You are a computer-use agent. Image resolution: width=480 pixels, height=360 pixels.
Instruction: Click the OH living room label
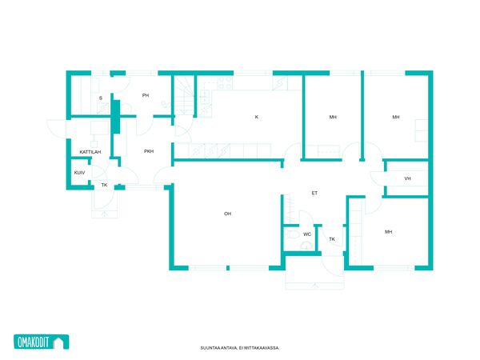227,214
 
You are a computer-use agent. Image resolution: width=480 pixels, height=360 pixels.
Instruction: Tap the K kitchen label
257,117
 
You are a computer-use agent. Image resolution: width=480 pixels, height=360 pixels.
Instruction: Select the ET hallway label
314,193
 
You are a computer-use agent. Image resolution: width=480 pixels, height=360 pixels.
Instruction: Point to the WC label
307,234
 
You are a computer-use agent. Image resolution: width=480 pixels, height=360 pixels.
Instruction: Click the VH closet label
407,178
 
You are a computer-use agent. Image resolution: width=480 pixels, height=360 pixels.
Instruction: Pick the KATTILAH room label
90,152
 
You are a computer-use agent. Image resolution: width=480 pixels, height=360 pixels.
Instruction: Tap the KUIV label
79,173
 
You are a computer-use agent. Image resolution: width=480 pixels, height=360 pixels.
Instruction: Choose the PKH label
149,151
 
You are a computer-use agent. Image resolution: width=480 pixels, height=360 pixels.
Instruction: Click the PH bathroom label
146,95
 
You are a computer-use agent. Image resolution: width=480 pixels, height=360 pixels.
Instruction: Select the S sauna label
101,98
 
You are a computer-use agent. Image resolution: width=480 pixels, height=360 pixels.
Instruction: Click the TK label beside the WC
332,239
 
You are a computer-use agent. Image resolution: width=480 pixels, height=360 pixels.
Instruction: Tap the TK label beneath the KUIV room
104,185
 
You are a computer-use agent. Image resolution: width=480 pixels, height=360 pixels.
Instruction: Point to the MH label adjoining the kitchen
333,117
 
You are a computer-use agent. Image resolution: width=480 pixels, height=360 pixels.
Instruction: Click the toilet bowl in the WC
293,234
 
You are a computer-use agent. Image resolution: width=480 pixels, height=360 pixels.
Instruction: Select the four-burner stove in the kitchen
225,82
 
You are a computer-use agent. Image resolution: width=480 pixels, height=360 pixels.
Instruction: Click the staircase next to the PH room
185,95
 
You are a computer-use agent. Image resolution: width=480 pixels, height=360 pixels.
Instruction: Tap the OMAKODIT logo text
33,342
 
